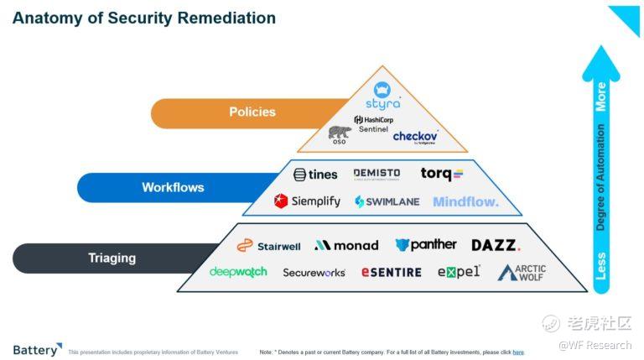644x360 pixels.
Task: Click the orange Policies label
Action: coord(252,112)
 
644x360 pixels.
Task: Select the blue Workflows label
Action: coord(173,187)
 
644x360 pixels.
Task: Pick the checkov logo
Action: coord(415,136)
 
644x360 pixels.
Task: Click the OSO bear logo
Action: coord(340,134)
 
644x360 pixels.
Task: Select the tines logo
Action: coord(315,175)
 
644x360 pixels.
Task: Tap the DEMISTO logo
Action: coord(377,174)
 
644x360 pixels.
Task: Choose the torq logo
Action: coord(441,175)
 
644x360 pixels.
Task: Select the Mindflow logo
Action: coord(465,201)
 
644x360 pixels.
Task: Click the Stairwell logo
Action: coord(268,245)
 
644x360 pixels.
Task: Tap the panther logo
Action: coord(426,244)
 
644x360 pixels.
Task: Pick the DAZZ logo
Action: coord(496,245)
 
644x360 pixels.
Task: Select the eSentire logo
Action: coord(392,272)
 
